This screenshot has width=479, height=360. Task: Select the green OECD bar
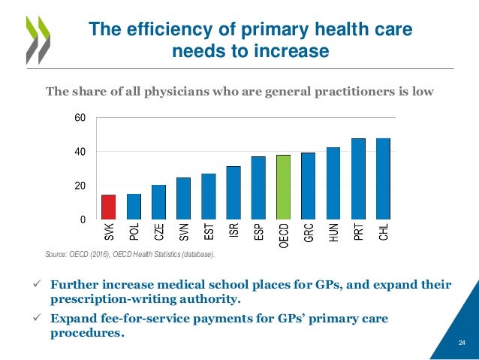click(283, 187)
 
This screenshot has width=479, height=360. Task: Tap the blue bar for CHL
click(383, 179)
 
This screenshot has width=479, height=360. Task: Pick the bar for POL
click(134, 207)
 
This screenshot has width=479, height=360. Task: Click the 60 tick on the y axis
click(79, 119)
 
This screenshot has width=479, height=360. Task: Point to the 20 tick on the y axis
click(79, 186)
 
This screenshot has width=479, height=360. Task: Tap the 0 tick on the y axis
click(82, 219)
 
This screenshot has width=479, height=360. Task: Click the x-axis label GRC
click(309, 233)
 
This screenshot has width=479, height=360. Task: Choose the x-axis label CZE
click(158, 233)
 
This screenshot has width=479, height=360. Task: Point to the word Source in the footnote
click(56, 255)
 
